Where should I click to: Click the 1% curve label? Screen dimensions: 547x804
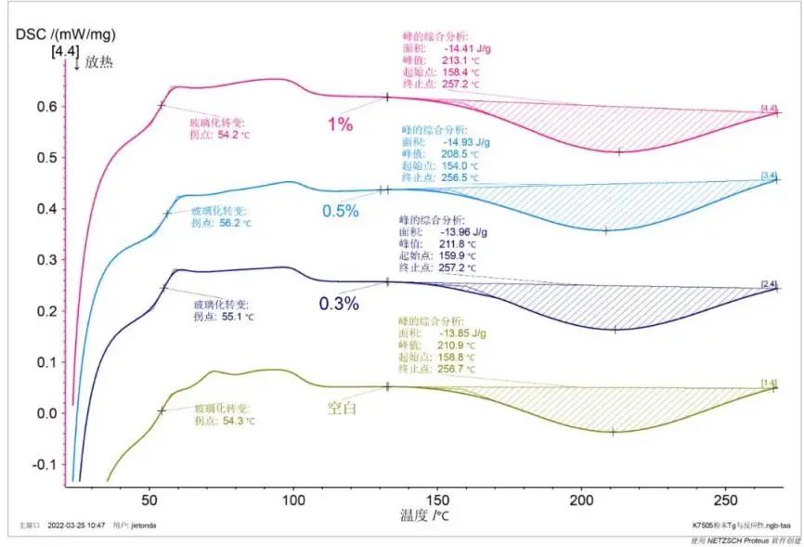340,124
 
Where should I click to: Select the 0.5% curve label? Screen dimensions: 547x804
340,211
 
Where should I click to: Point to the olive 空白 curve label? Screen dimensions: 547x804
342,407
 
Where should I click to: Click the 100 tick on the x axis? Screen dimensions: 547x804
293,497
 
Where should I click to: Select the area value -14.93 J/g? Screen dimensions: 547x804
461,142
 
